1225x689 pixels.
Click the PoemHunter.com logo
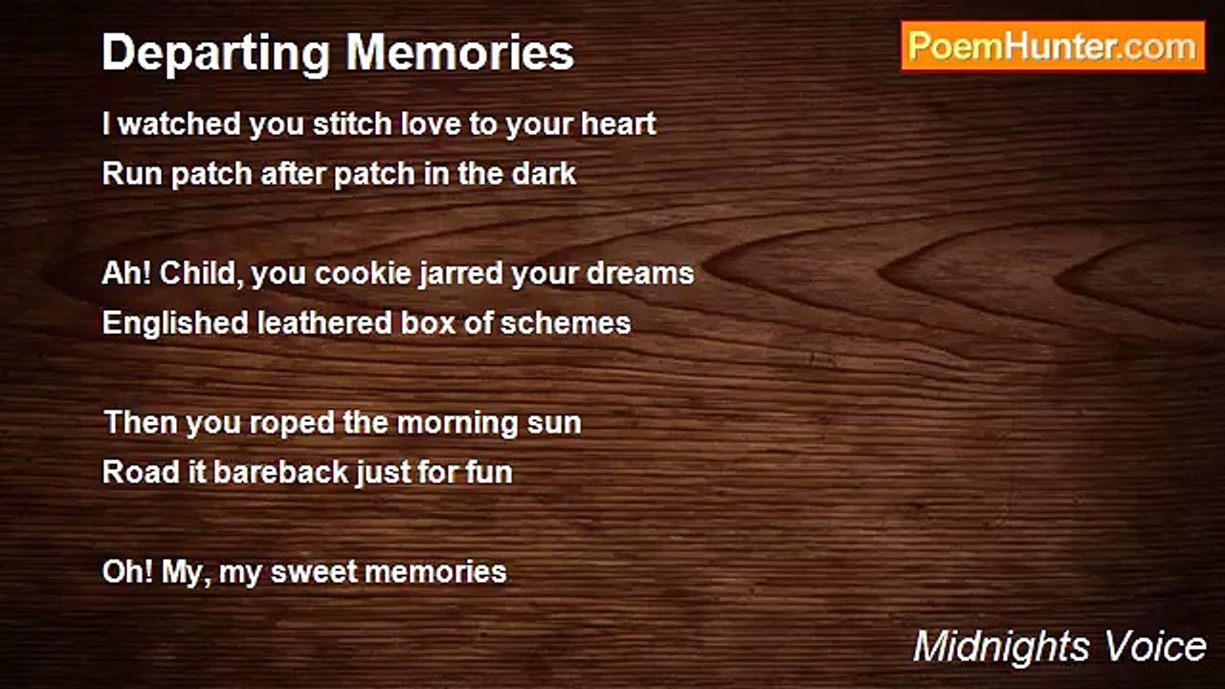(1053, 46)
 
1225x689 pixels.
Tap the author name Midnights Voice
(1058, 647)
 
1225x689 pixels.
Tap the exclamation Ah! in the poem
(126, 273)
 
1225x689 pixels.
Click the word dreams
(640, 273)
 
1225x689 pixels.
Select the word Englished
(175, 322)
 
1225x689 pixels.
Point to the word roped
(289, 422)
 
